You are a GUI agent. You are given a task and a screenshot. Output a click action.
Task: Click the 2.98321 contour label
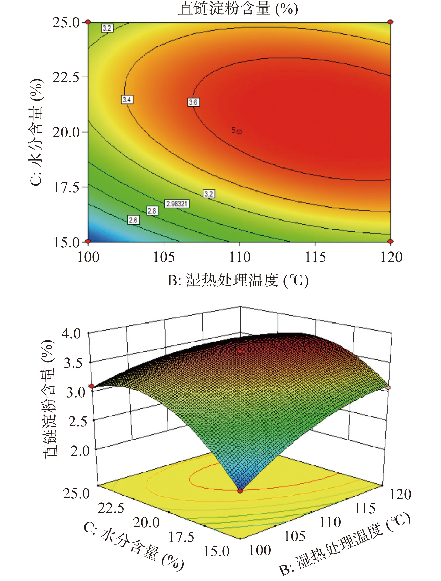pyautogui.click(x=177, y=204)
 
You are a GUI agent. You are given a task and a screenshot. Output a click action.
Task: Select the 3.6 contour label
pyautogui.click(x=193, y=102)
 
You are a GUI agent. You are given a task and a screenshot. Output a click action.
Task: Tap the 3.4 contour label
pyautogui.click(x=127, y=99)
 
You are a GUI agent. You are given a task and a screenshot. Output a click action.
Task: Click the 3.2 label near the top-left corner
pyautogui.click(x=107, y=28)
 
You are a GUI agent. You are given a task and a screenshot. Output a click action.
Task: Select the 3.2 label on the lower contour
pyautogui.click(x=209, y=194)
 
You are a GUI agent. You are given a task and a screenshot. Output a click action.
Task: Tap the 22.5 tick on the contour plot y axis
pyautogui.click(x=66, y=77)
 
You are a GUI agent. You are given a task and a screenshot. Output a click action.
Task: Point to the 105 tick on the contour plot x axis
pyautogui.click(x=164, y=257)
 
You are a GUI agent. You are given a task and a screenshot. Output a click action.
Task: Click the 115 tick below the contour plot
pyautogui.click(x=315, y=257)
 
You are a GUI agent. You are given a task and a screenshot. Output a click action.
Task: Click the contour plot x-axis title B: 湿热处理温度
pyautogui.click(x=238, y=281)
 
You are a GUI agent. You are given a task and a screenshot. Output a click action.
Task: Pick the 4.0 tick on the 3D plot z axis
pyautogui.click(x=71, y=334)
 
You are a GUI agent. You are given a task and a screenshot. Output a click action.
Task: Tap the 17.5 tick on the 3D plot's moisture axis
pyautogui.click(x=181, y=537)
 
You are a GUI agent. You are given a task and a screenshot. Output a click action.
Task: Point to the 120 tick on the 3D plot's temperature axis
pyautogui.click(x=400, y=494)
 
